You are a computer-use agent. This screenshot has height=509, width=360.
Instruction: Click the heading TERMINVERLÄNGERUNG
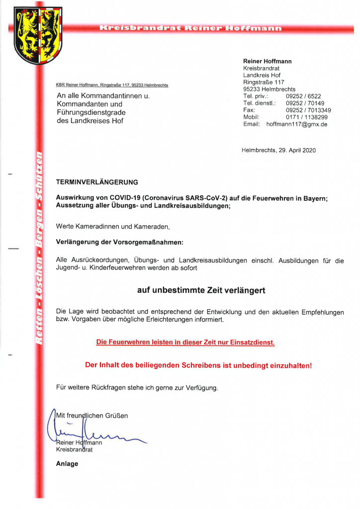coord(97,182)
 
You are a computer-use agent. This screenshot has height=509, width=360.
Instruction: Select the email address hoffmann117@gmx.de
coord(297,124)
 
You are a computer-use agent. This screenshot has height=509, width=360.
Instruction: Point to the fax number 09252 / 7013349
coord(308,110)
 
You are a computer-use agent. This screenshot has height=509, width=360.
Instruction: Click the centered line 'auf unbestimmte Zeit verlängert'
coord(201,290)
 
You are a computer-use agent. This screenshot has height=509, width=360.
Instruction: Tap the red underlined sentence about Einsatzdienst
coord(185,342)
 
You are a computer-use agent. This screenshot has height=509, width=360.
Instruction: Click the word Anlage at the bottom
coord(67,464)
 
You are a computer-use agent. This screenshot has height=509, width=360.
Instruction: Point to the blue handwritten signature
coord(94,432)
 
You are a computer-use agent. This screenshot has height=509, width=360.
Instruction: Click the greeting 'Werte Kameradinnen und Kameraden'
coord(113,227)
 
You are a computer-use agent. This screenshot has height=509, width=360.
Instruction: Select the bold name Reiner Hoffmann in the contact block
coord(267,61)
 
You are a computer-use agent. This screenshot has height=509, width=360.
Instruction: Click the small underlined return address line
coord(112,85)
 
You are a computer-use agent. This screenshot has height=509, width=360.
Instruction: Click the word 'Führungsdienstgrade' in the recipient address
coord(91,112)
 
